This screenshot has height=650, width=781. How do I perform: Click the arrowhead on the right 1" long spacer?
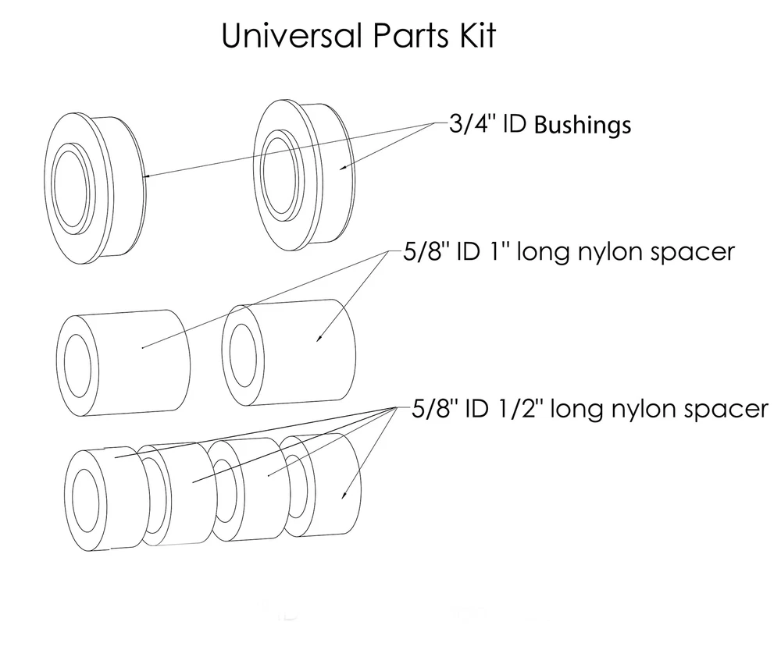(319, 338)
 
